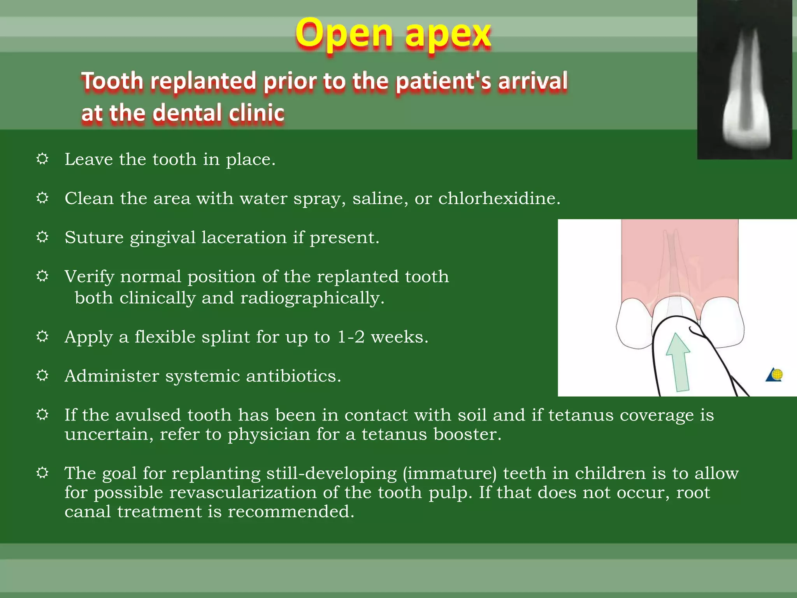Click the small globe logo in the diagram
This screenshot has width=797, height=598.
point(775,375)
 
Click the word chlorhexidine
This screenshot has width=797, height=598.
point(499,199)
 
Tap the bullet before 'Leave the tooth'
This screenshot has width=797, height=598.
point(42,159)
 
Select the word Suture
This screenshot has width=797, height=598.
point(94,237)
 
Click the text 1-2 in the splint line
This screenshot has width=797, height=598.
point(351,337)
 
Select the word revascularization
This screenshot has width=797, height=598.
point(243,493)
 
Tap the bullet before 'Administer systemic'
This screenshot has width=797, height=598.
point(42,375)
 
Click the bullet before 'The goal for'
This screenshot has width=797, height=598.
point(42,473)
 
